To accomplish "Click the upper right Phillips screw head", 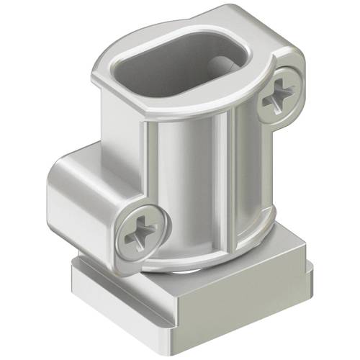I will tap(279, 97).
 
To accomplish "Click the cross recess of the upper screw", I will tap(279, 97).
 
